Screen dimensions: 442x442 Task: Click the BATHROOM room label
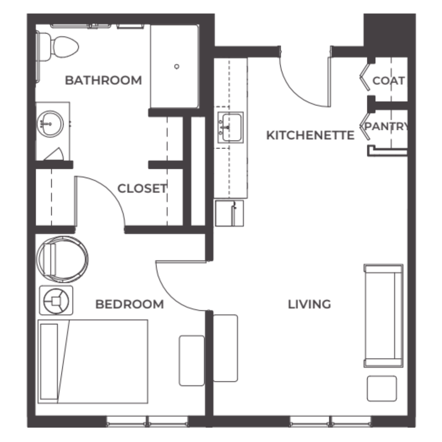coord(103,80)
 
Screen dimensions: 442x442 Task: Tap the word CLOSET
coord(142,188)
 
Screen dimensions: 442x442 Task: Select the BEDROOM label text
coord(130,305)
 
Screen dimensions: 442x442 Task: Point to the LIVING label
coord(309,305)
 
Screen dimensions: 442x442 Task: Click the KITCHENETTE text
coord(310,135)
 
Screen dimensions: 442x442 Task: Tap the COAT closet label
coord(389,81)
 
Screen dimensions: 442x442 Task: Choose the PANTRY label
coord(385,127)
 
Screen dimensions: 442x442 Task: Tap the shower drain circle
coord(177,67)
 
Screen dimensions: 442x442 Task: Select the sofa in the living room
coord(383,316)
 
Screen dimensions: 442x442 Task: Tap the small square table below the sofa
coord(381,389)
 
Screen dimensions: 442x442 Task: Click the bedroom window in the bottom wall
coord(147,421)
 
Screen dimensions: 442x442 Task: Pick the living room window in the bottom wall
coord(331,421)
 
